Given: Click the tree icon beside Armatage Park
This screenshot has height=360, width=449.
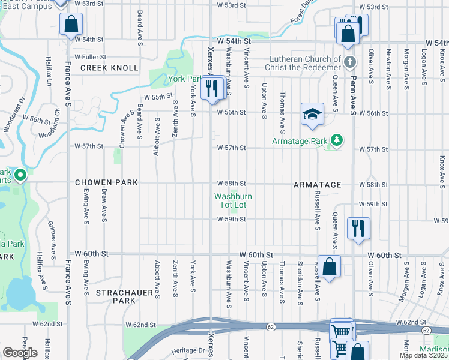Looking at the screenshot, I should click(337, 140).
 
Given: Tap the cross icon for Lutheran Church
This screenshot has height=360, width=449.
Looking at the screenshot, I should click(350, 62).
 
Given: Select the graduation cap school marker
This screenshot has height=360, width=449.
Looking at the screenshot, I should click(312, 115).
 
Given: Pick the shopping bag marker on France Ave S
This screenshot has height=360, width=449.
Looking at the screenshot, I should click(71, 25).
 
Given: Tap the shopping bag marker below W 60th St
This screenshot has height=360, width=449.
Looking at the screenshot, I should click(329, 266).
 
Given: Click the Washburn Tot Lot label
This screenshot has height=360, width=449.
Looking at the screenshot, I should click(233, 200).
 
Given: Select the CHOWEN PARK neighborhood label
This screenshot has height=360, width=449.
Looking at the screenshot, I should click(106, 182).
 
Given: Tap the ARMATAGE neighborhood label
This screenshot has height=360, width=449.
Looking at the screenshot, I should click(318, 185).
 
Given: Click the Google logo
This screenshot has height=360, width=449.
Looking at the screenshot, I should click(20, 353).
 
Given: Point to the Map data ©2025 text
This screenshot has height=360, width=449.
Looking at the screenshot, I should click(423, 355).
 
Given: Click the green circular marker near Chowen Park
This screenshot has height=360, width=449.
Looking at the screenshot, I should click(20, 175).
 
